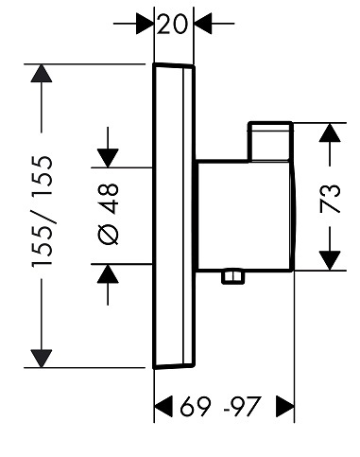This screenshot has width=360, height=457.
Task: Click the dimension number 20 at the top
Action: [172, 24]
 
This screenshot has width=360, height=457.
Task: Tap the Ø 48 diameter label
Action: [109, 214]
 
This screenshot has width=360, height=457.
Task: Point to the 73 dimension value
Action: [331, 199]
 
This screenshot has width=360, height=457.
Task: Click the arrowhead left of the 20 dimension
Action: [145, 24]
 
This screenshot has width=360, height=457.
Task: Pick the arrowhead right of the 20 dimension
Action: [203, 24]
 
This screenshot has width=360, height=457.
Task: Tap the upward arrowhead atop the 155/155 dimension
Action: [42, 74]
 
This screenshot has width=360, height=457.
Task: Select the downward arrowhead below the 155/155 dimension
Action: [42, 359]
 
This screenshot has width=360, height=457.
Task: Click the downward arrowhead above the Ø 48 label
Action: [108, 158]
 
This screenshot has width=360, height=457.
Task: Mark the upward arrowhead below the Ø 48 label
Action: [108, 273]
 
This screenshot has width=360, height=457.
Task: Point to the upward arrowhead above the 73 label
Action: [330, 132]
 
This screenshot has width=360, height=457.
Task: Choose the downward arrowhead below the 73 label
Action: [330, 260]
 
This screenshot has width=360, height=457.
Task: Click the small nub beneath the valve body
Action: [233, 276]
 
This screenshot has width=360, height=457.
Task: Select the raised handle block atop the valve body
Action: [271, 141]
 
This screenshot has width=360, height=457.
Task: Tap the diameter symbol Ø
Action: [109, 235]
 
